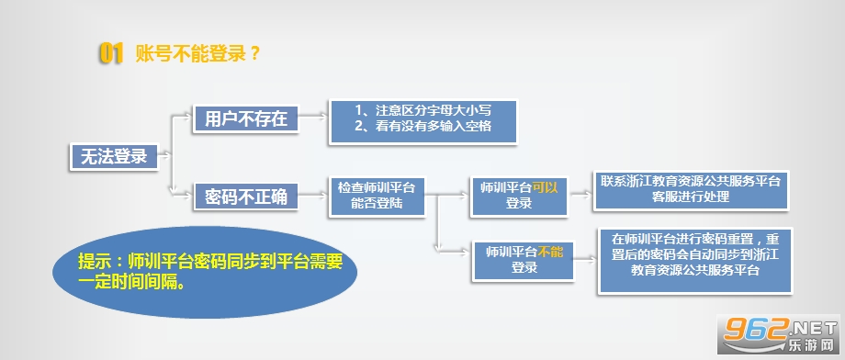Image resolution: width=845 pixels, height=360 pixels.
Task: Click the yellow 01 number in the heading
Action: (111, 54)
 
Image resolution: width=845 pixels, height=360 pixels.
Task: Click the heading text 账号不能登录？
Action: (197, 54)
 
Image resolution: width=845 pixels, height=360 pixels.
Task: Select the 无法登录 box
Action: (114, 157)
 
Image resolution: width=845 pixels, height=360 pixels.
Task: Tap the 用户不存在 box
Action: (246, 119)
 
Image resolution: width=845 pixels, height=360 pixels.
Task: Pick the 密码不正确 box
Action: (246, 197)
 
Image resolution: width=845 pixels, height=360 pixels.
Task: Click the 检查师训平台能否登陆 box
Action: (377, 197)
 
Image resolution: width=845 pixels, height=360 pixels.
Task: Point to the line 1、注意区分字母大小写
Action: (423, 110)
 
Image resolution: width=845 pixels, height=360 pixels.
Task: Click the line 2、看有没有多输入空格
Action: (423, 127)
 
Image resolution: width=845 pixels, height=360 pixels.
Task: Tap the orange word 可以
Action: (545, 188)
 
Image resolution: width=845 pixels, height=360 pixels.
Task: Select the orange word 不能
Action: (550, 252)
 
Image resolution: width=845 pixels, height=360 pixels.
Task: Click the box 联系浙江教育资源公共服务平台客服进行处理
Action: (691, 190)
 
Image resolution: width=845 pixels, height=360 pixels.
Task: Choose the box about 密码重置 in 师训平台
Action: (695, 261)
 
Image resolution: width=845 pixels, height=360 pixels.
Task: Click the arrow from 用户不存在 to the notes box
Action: (313, 117)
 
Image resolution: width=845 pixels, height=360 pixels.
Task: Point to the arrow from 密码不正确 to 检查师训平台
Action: (313, 195)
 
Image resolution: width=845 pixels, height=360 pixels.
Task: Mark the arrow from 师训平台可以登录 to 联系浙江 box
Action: (580, 194)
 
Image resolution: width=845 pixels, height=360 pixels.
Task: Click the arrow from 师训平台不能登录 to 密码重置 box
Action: (586, 260)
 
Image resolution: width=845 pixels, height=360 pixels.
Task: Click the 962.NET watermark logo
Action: (781, 333)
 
